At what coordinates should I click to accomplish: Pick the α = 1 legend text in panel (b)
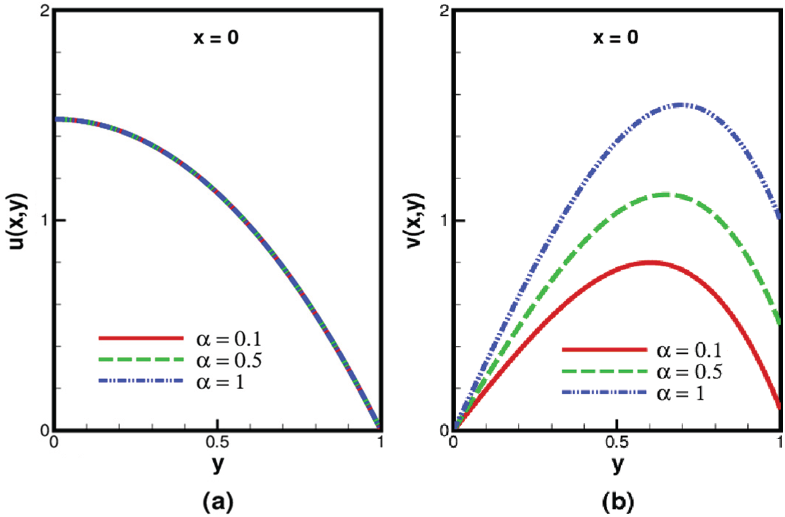click(x=682, y=392)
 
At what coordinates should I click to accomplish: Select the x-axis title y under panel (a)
click(x=217, y=464)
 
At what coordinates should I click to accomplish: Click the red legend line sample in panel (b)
click(x=604, y=349)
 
